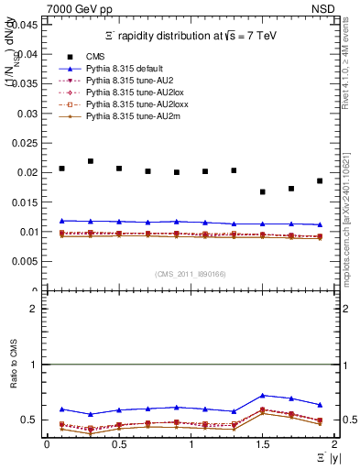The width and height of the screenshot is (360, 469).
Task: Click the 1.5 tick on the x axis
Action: click(263, 444)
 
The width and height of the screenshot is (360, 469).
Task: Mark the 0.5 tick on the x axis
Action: click(119, 444)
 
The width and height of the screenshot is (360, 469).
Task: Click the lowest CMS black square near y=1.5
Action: click(263, 192)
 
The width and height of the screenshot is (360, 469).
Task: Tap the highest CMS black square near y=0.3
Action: click(91, 161)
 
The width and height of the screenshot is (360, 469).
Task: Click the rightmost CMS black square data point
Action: click(320, 180)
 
